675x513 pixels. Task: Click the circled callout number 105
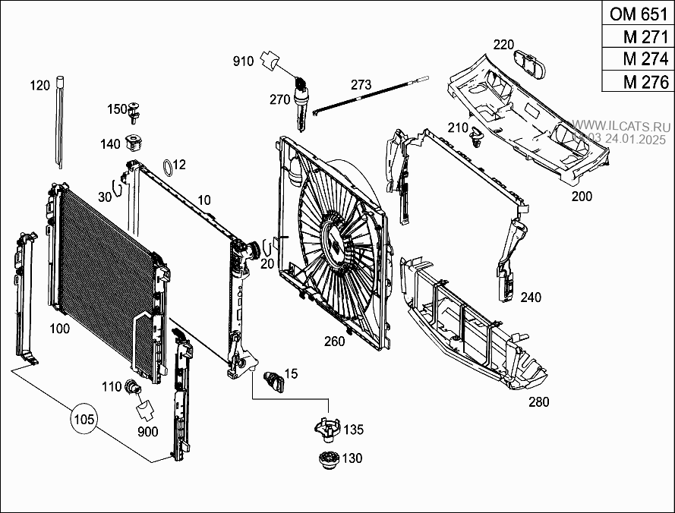[84, 418]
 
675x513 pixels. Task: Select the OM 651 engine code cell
[638, 14]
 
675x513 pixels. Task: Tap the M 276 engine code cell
[638, 81]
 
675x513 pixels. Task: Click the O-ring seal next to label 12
[168, 168]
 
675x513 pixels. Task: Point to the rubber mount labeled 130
[330, 459]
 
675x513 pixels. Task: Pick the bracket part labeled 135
[327, 430]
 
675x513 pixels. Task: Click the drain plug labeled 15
[274, 379]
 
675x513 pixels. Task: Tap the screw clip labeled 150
[134, 110]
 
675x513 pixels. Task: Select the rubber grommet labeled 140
[134, 143]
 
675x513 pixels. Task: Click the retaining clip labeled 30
[116, 189]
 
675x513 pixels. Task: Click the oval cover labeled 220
[529, 64]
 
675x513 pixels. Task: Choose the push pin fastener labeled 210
[476, 136]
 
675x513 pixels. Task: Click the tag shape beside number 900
[146, 409]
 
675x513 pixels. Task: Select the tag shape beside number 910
[270, 60]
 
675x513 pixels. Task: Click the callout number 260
[335, 341]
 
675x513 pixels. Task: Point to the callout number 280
[538, 402]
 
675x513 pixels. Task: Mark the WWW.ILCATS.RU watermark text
[620, 127]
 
